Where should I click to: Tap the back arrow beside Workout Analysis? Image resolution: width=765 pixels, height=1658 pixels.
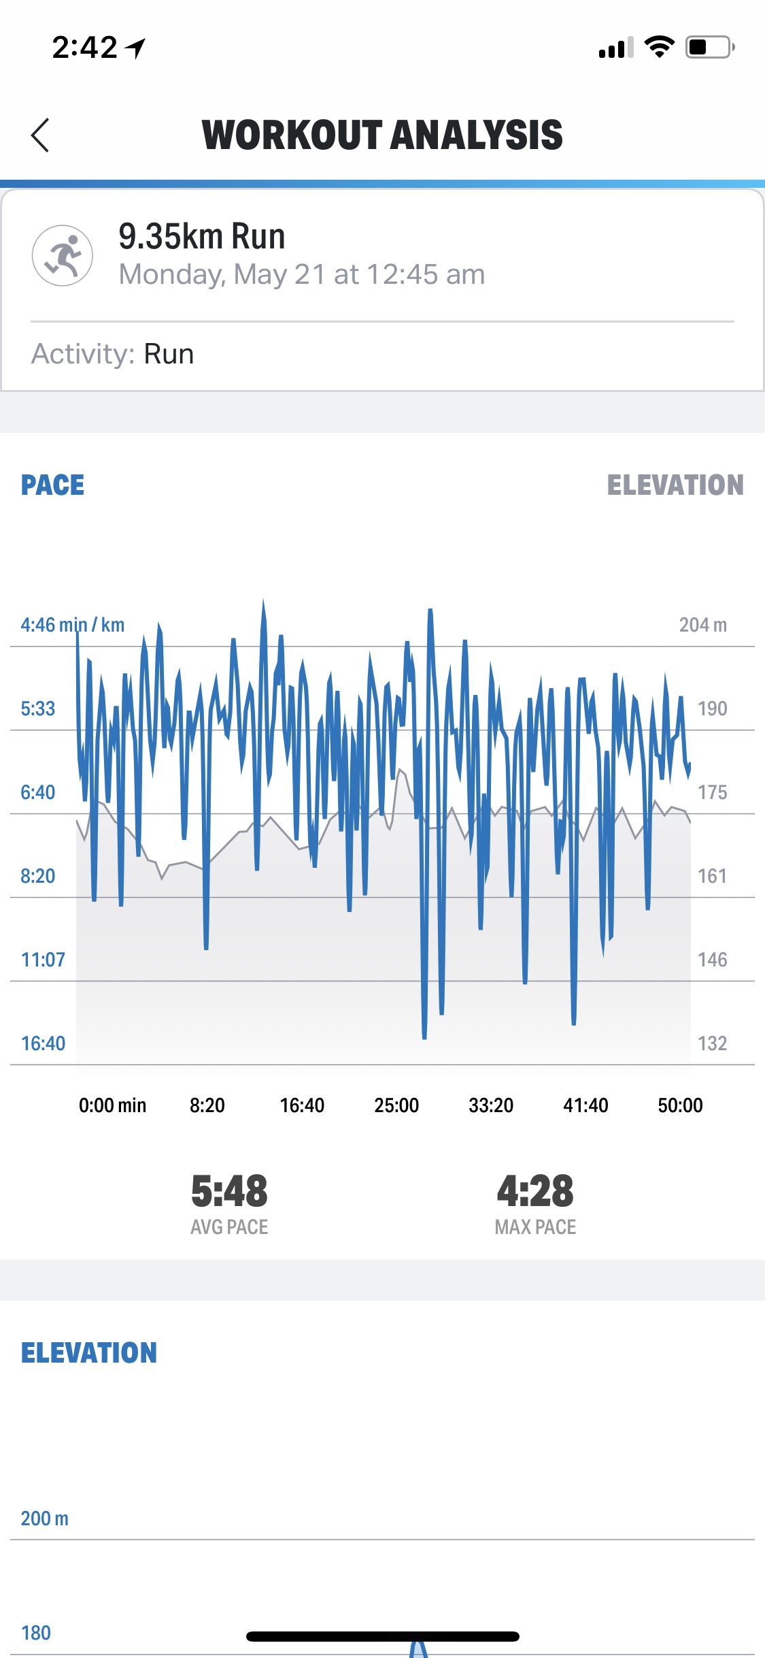click(40, 135)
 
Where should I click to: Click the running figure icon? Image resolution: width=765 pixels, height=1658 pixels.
click(63, 255)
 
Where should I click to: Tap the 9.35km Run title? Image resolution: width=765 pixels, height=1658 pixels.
click(201, 236)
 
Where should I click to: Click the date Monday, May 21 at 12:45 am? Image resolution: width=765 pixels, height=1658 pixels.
click(301, 274)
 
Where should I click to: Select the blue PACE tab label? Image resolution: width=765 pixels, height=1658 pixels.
click(52, 485)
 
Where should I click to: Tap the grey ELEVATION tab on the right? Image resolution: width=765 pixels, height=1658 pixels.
click(675, 485)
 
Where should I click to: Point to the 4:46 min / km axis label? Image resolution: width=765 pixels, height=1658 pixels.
click(72, 625)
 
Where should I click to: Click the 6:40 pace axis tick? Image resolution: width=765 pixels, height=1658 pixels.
click(37, 792)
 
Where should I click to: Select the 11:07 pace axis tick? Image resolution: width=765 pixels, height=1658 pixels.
click(43, 960)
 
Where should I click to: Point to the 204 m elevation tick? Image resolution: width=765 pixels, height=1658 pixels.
click(702, 625)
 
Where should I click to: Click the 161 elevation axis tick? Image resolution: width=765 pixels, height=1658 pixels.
click(712, 876)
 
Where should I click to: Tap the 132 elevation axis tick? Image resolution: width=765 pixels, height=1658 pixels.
click(712, 1043)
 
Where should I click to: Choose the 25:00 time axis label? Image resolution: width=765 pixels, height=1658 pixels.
click(396, 1105)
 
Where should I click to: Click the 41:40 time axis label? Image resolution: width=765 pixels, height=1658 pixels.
click(585, 1105)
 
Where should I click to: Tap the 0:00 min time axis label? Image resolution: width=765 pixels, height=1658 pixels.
click(112, 1105)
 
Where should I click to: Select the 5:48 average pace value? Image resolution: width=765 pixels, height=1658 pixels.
click(229, 1191)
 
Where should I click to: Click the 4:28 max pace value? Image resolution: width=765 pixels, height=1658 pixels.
click(535, 1191)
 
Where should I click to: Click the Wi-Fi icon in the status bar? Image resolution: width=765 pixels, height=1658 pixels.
click(659, 47)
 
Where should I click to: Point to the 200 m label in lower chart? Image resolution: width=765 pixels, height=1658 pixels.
click(44, 1518)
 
